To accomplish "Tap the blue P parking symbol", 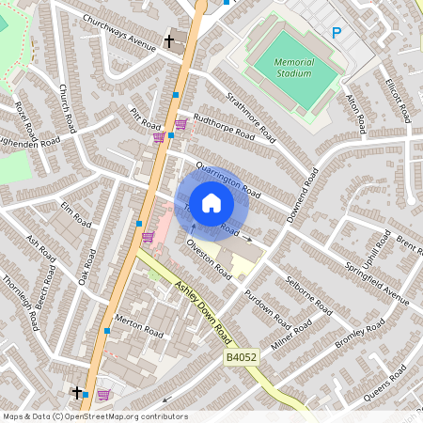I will click(x=336, y=34).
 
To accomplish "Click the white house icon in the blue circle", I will click(x=211, y=202).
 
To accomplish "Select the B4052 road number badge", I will click(x=241, y=358).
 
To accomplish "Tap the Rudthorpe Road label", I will click(x=223, y=128).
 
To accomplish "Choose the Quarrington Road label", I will click(x=227, y=178).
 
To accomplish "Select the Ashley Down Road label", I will click(x=202, y=311).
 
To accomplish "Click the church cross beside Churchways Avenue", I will click(x=170, y=41).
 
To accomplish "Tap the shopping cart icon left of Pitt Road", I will click(x=159, y=137).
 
